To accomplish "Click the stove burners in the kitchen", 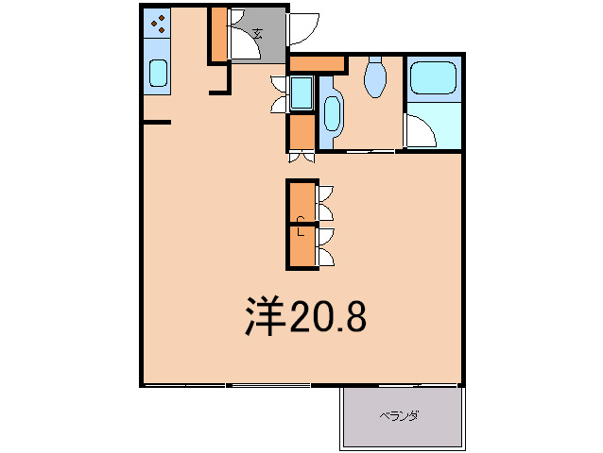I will coord(158,25).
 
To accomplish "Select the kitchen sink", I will coord(158,74).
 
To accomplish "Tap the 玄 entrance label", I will coord(256,34).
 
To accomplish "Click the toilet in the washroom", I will coord(375,77).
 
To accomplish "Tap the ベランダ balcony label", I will coord(400,415).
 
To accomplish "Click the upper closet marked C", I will coord(301,202).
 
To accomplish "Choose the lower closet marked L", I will coord(301,246).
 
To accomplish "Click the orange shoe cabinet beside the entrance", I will coord(218,34).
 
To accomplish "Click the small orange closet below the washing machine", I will coord(301,131).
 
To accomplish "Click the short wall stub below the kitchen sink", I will coord(156,122).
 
